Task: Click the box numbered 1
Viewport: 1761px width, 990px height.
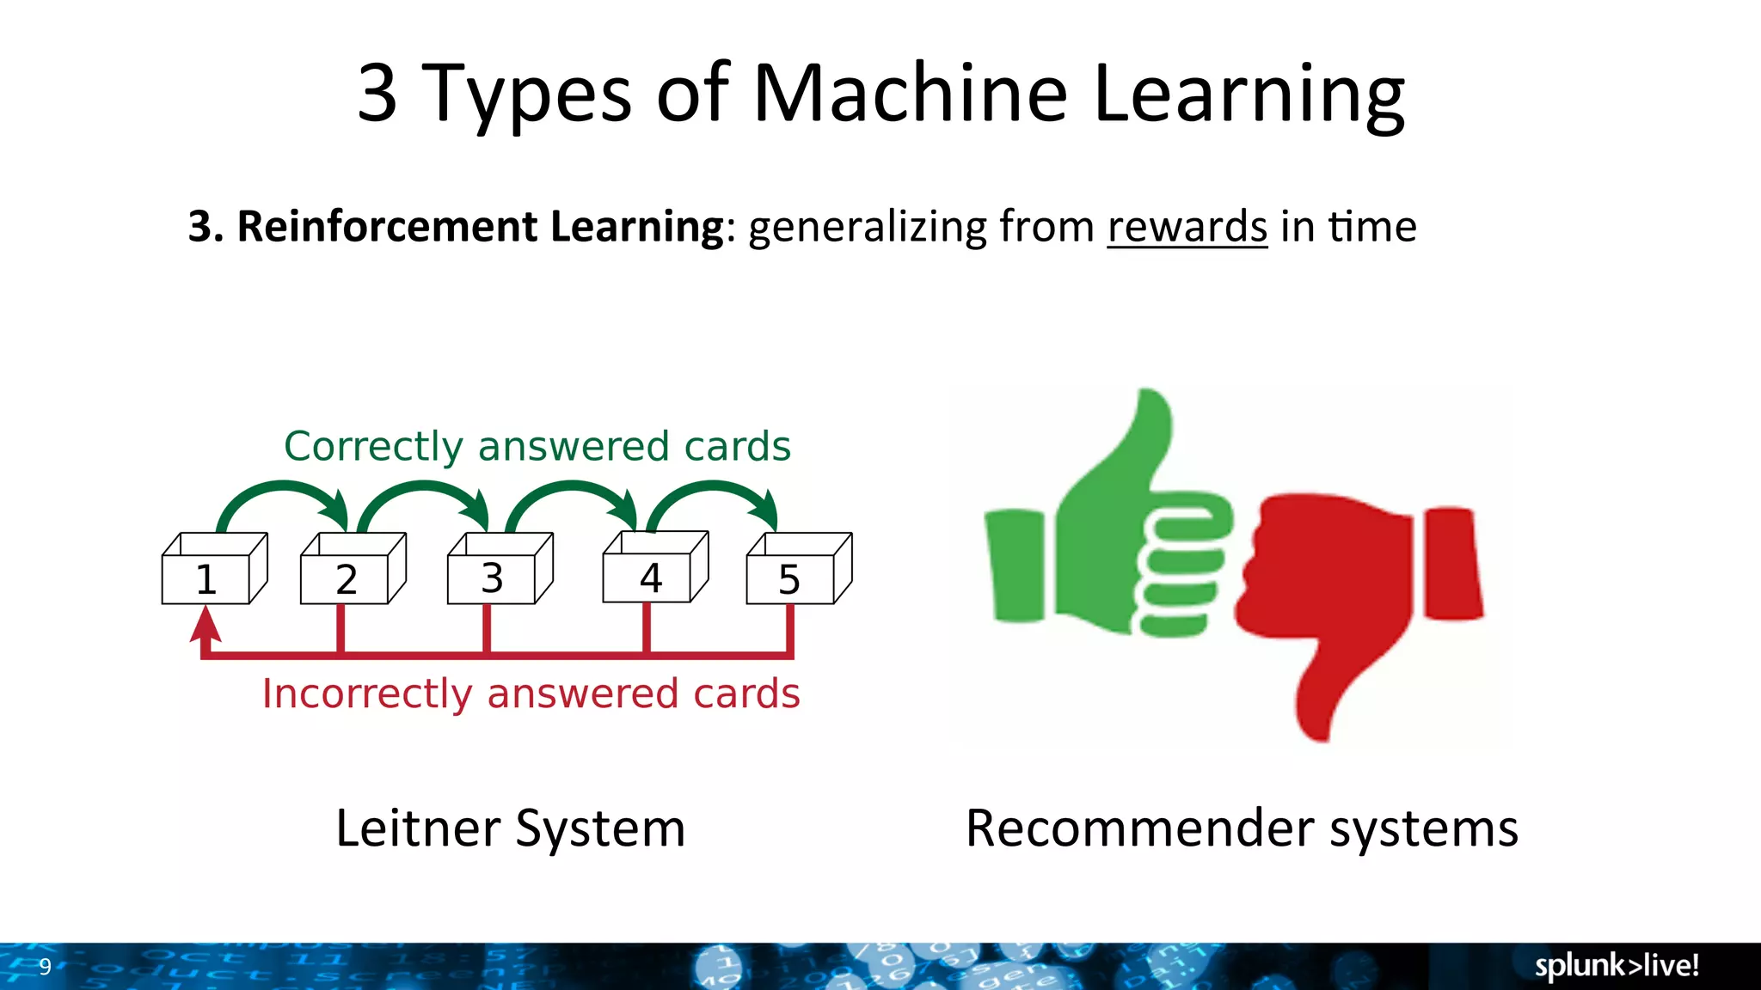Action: [206, 578]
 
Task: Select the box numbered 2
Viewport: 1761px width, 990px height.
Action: [346, 578]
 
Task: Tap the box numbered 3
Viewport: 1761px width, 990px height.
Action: [492, 577]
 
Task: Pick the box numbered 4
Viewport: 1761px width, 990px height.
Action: [650, 577]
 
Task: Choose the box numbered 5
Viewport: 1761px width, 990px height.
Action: [789, 578]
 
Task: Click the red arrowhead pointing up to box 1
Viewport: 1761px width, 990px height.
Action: [206, 626]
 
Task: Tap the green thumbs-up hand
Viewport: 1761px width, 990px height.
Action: [1109, 533]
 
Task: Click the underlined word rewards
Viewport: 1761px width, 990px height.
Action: [1187, 227]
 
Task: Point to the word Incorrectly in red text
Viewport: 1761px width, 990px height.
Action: [368, 694]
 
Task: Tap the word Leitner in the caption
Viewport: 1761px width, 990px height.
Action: [418, 828]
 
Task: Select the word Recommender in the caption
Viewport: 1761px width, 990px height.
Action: [1140, 828]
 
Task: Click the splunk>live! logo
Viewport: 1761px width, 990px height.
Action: [1617, 966]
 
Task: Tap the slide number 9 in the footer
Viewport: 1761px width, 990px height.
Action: [45, 967]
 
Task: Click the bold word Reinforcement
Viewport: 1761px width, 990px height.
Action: [387, 227]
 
